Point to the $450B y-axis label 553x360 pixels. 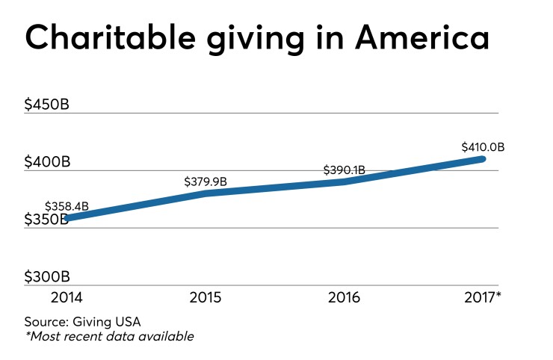[x=47, y=105]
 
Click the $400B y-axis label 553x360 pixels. [x=47, y=162]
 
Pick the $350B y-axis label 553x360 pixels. [x=47, y=220]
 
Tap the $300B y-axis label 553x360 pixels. [x=47, y=277]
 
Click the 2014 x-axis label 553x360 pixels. [x=67, y=297]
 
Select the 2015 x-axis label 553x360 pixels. [x=206, y=297]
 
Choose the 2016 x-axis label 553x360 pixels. [x=344, y=297]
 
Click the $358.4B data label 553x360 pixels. [x=67, y=206]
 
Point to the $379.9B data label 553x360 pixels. [x=206, y=181]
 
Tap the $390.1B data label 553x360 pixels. [x=344, y=170]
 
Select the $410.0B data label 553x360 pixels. [x=483, y=147]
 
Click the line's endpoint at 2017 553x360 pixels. [x=483, y=158]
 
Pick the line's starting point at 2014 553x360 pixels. [x=67, y=218]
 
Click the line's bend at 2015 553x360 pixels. [x=206, y=193]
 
